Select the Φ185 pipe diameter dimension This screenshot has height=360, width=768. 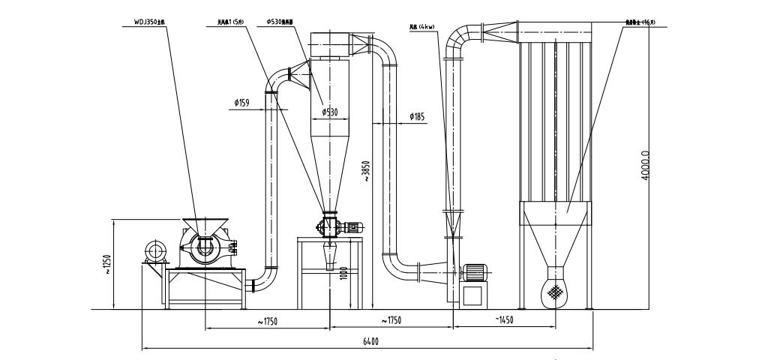[418, 116]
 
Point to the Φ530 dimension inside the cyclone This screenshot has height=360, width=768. [331, 112]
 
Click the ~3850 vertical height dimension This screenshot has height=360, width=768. [366, 172]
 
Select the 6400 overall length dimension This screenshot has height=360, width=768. [370, 342]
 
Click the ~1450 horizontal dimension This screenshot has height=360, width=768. [504, 320]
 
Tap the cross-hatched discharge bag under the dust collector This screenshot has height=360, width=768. [556, 291]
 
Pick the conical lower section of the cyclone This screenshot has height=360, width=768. [331, 172]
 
